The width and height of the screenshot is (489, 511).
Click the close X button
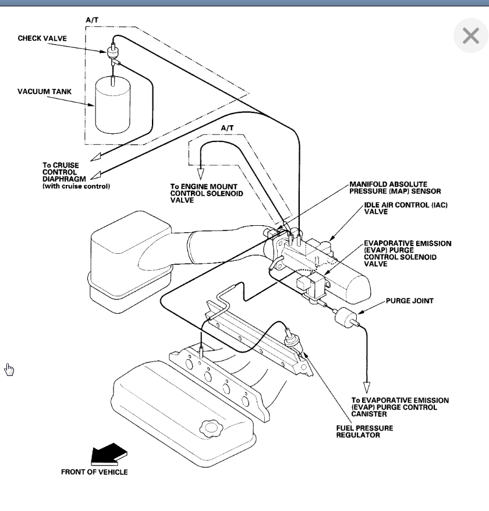(470, 37)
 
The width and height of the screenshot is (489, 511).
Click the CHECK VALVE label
(42, 39)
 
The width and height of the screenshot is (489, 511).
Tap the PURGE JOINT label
(409, 301)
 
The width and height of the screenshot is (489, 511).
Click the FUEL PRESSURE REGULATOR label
(364, 431)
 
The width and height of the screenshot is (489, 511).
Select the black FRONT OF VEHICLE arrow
(108, 453)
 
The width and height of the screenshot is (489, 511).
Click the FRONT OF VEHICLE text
(94, 471)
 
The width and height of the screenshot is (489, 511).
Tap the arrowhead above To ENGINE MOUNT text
(201, 173)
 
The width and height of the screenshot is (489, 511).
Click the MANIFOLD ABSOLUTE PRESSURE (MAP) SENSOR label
(395, 188)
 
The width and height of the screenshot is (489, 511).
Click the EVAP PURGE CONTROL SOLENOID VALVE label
(407, 254)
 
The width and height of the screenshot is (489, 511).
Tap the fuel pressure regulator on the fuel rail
(291, 339)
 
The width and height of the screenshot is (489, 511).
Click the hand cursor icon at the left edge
(9, 369)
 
